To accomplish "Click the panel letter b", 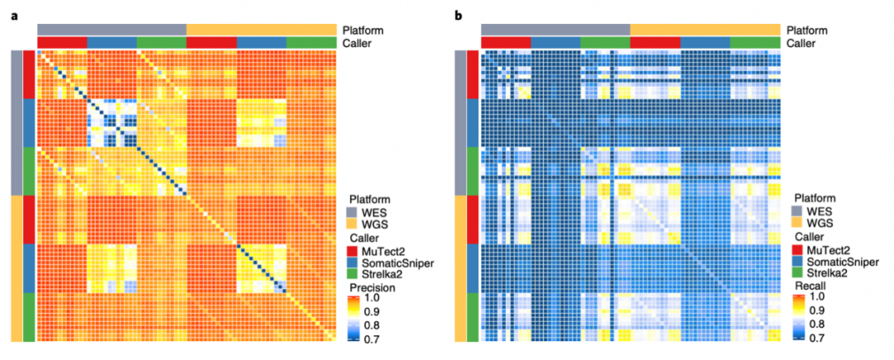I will point(458,14).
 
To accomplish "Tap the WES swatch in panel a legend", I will point(353,212).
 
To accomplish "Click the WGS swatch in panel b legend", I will point(798,223).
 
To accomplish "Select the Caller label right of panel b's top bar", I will point(800,42).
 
